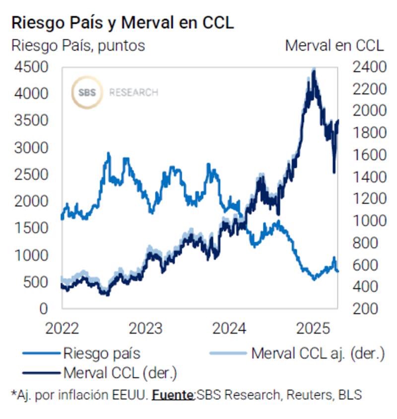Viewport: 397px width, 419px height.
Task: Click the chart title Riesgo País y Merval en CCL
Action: (x=122, y=23)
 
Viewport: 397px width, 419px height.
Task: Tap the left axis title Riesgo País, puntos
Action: (x=78, y=46)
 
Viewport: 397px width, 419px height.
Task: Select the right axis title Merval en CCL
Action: (x=334, y=46)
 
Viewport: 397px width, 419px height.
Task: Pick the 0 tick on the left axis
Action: (x=44, y=308)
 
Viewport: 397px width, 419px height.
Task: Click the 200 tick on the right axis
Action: (x=366, y=308)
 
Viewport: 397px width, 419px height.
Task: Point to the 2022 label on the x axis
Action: (x=62, y=329)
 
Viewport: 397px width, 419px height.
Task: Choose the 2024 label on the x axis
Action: (x=230, y=329)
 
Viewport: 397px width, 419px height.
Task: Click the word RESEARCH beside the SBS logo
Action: (x=133, y=93)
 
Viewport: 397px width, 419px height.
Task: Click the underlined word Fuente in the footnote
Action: (x=173, y=395)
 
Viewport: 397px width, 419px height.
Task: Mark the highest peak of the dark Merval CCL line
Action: (x=313, y=71)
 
